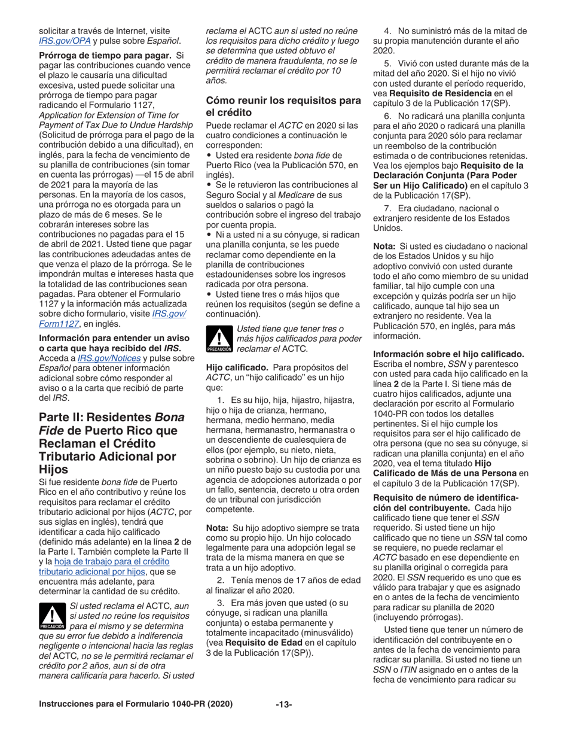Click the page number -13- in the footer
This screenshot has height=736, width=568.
click(283, 719)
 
